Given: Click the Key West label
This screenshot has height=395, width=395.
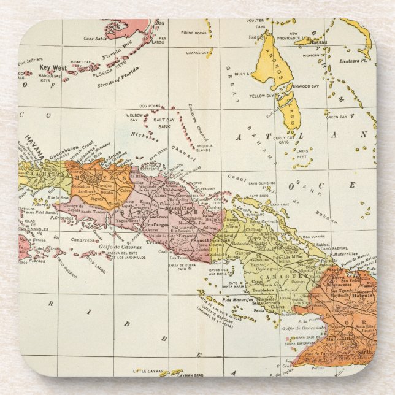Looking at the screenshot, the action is point(52,67).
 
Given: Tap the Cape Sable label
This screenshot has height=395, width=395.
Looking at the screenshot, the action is point(96,38).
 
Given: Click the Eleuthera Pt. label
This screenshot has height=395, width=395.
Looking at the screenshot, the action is point(359,61).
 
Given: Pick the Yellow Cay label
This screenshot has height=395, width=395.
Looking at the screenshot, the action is point(262,96).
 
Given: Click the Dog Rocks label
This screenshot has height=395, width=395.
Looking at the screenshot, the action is point(149,106).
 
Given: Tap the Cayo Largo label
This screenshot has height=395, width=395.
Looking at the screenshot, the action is point(96,268).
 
